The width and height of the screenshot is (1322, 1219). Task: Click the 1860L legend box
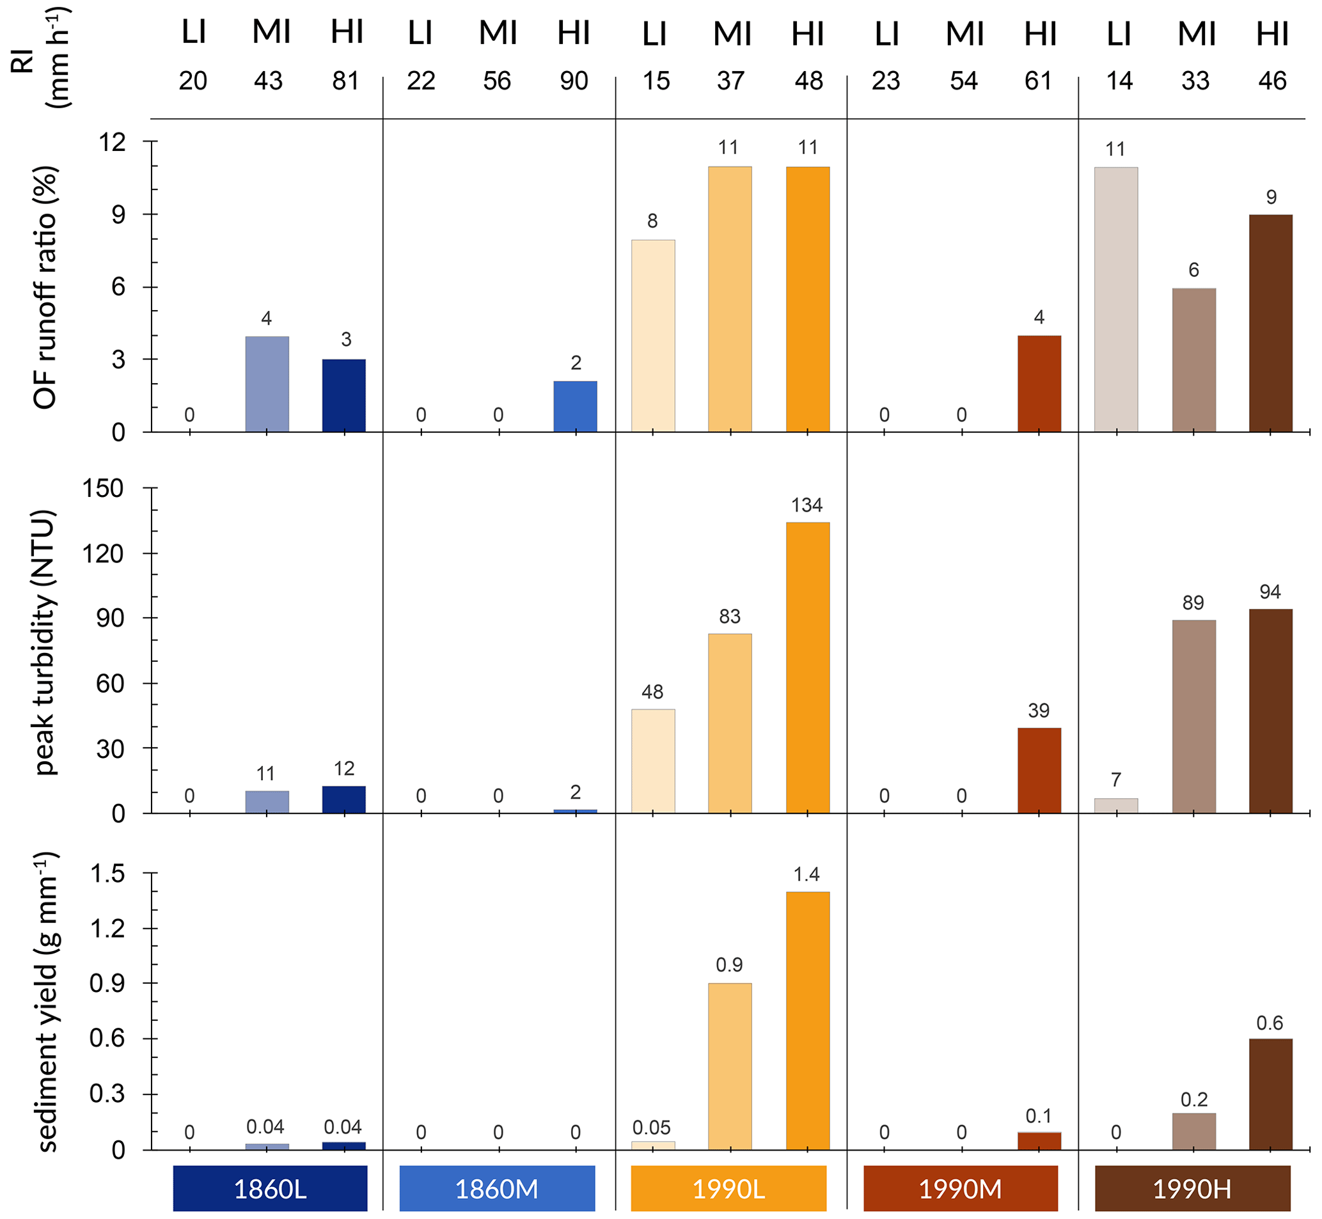click(x=270, y=1189)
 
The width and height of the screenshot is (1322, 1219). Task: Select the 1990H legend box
click(x=1192, y=1189)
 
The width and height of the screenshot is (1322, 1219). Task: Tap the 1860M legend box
click(x=497, y=1189)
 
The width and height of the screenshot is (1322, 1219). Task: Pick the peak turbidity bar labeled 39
click(x=1039, y=770)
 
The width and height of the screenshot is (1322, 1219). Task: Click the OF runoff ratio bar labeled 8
click(x=652, y=336)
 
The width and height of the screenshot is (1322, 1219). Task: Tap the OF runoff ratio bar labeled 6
click(x=1193, y=360)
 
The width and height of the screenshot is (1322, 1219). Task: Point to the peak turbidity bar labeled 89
click(x=1193, y=716)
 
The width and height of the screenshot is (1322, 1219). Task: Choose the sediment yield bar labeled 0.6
click(x=1271, y=1094)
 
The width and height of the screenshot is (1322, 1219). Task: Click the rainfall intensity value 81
click(x=345, y=81)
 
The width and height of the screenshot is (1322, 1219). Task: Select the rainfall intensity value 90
click(x=574, y=81)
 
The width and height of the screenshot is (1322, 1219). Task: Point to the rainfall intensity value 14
click(x=1119, y=81)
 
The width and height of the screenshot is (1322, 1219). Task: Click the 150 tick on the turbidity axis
click(x=102, y=489)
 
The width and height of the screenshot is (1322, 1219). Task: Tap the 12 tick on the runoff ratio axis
click(x=112, y=142)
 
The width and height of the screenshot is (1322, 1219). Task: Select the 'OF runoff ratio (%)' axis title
click(x=45, y=287)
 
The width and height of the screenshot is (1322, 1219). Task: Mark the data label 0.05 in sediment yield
click(x=651, y=1128)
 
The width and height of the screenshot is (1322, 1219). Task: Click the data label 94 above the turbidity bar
click(x=1270, y=592)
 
